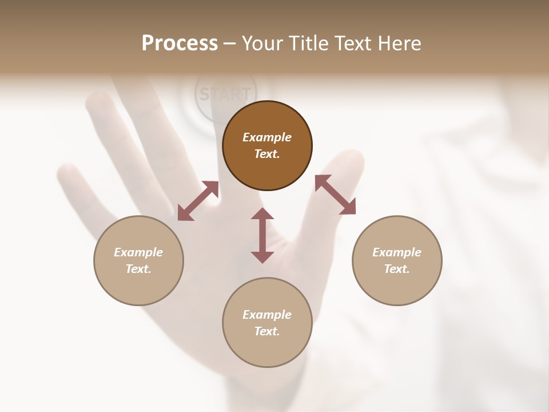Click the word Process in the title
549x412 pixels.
coord(180,43)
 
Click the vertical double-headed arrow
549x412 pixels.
coord(262,235)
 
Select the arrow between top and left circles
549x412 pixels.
coord(198,201)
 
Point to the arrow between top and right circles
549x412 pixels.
coord(335,195)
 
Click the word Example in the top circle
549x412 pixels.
coord(267,137)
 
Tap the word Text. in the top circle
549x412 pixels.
coord(267,154)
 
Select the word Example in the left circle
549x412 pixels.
coord(138,252)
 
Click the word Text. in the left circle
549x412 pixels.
coord(138,269)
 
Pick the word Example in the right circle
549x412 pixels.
coord(397,252)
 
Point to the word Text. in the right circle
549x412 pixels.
coord(397,269)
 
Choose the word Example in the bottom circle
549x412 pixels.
coord(267,315)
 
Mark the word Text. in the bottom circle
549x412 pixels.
coord(267,331)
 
